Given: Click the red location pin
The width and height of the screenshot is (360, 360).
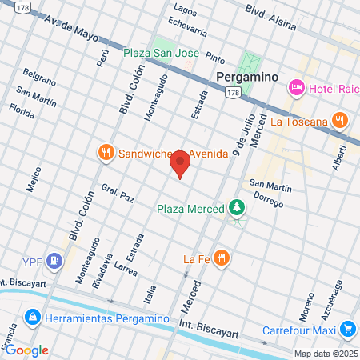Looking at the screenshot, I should coord(180,164).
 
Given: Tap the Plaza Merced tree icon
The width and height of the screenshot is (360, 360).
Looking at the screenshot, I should coord(236,209).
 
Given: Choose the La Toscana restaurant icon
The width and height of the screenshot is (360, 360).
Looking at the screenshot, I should coord(340,122).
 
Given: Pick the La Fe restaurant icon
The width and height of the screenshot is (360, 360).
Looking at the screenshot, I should coord(222,258).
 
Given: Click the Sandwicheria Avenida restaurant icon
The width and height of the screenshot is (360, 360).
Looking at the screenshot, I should coord(105,152).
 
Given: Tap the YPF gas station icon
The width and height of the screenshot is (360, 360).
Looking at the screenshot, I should coord(54,260).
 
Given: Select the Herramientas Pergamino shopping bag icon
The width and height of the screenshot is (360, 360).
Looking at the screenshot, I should coord(32,318).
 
